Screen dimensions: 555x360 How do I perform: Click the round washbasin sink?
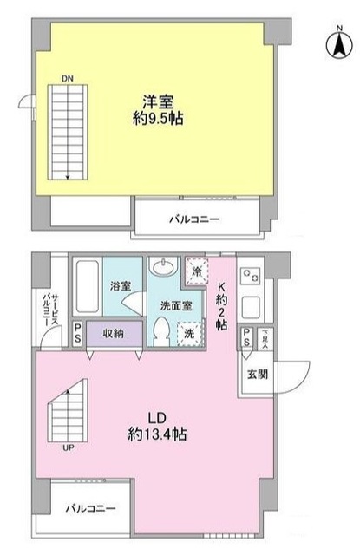coord(162,268)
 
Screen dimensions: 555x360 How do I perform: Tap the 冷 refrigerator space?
coord(197,271)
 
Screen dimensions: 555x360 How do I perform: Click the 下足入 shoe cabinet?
coord(265,336)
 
